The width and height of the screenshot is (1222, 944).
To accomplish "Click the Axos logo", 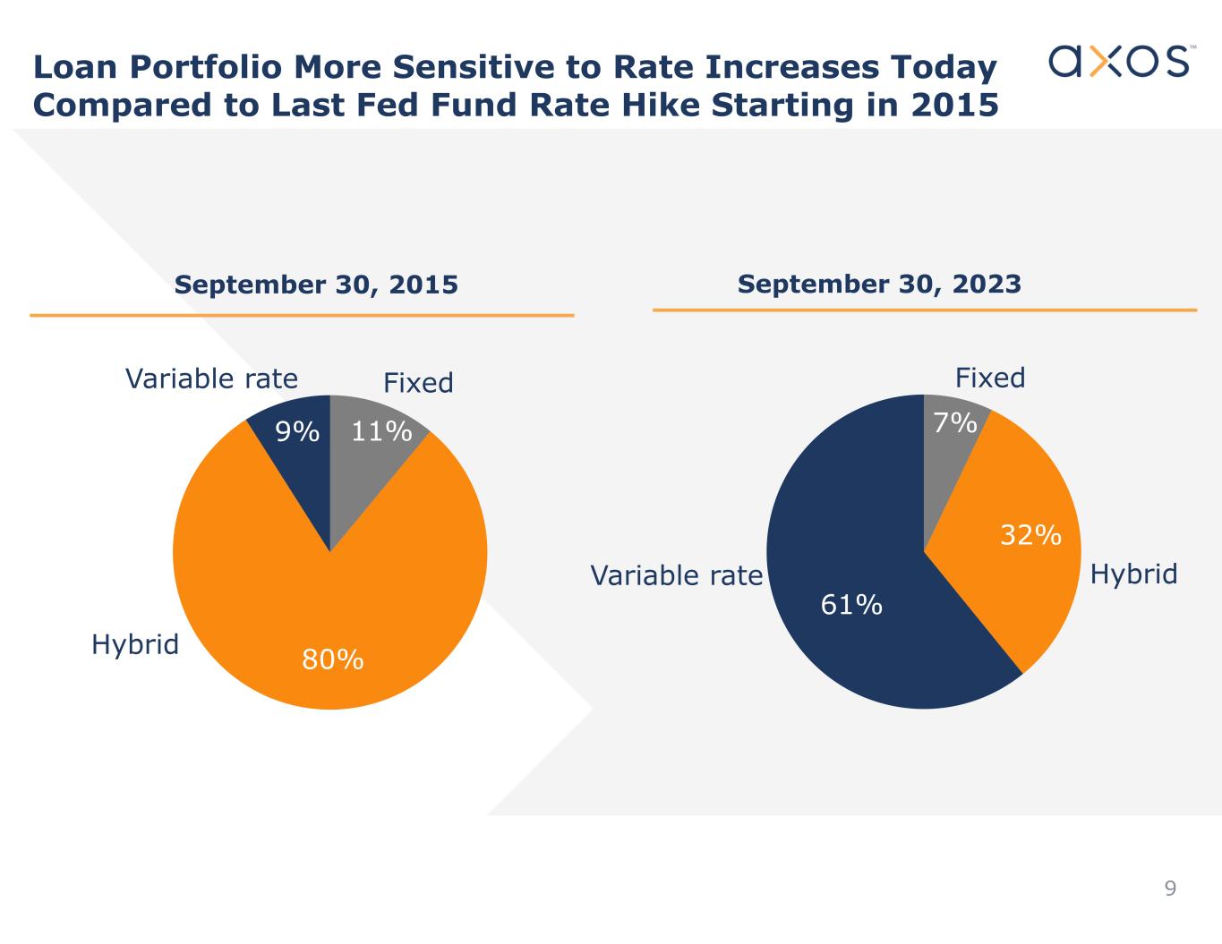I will coord(1118,60).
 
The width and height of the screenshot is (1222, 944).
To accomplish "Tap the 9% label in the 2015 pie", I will coord(297,432).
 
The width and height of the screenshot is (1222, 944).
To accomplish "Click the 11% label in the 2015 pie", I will coord(381,431).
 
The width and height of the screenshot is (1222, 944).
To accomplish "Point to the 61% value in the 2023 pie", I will coord(851,605).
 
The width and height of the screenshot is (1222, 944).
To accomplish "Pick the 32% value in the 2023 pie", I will coord(1030,535).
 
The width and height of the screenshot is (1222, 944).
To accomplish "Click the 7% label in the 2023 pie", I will coord(955,422).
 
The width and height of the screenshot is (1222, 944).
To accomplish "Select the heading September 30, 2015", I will coord(316,285).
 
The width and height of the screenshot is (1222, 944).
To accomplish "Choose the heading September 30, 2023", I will coord(879,284).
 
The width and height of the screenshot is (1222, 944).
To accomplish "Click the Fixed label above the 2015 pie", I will coord(418,383).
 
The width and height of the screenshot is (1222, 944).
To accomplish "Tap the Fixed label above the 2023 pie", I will coord(990,378).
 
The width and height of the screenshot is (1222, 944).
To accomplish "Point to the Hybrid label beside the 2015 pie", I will coord(135,644).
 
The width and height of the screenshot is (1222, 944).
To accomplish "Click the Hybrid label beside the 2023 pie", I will coord(1133,574).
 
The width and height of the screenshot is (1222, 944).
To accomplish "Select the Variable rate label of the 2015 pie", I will coord(211,379).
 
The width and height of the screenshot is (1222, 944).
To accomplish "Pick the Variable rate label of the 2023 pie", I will coord(676,575).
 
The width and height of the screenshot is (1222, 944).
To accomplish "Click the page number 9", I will coord(1170,889).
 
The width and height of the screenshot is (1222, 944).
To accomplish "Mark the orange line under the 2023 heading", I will coord(925,310).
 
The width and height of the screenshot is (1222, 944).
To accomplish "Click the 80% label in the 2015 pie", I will coord(332,660).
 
